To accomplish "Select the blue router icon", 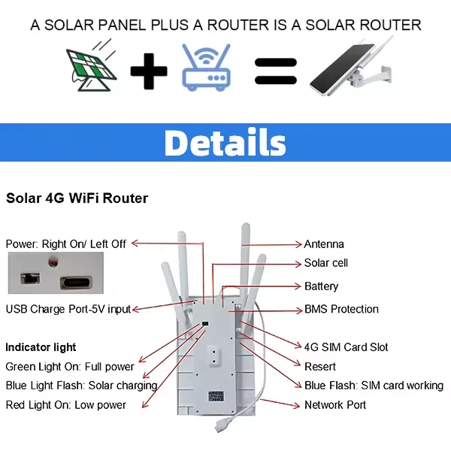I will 206,68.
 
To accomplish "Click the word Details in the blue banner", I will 225,142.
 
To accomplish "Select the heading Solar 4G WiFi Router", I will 77,198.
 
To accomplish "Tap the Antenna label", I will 324,244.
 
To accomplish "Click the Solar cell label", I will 325,263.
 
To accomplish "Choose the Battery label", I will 321,286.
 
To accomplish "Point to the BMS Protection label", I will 341,309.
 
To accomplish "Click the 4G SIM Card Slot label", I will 346,347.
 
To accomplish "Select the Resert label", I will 320,367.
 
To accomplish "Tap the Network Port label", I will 334,404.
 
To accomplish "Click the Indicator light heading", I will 41,347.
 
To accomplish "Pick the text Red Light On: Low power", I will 66,404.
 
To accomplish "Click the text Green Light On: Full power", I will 70,367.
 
